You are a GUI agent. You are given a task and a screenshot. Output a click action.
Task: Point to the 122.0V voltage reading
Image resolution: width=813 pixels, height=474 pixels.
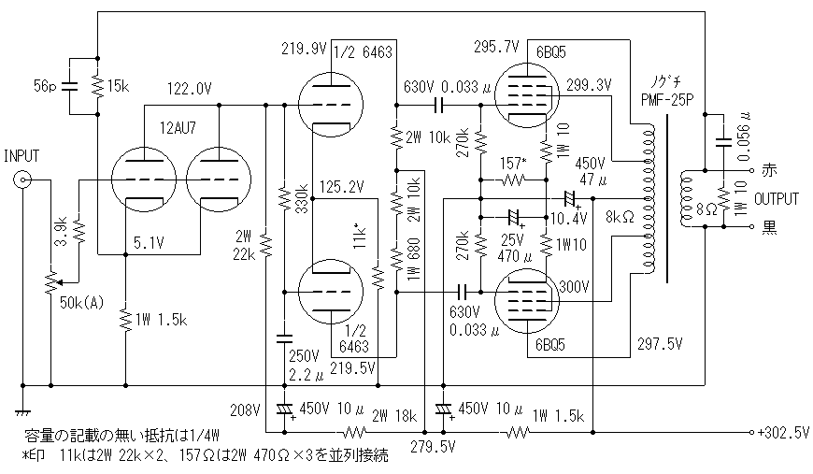pos(190,89)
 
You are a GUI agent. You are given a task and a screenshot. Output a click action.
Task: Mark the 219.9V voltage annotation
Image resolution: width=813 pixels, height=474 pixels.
pos(305,48)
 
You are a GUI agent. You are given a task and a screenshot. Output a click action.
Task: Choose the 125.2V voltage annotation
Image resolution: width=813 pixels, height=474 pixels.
pos(341,187)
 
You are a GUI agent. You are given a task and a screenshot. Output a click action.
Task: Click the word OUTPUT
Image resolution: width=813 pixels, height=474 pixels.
pos(777,199)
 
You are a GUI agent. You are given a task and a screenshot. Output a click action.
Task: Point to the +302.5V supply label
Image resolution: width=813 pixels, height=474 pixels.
pos(779,433)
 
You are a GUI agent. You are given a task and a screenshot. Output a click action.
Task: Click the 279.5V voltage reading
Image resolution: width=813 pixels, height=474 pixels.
pos(433,448)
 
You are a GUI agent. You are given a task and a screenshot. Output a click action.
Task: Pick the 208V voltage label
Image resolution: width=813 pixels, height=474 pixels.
pos(248,409)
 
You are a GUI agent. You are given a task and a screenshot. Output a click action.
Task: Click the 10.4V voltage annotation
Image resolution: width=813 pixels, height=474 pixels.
pos(569,218)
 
